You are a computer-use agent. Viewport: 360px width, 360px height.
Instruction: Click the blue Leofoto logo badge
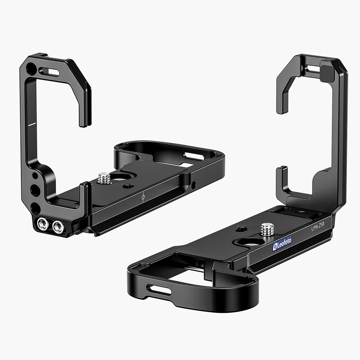282,244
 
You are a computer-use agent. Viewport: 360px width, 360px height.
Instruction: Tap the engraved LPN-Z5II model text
318,228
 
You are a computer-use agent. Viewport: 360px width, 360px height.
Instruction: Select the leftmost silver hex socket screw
43,224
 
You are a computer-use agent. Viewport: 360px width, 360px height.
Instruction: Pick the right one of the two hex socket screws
58,227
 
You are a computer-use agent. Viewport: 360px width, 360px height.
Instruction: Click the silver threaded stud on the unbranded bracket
104,178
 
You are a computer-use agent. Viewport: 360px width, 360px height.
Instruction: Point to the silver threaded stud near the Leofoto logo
267,229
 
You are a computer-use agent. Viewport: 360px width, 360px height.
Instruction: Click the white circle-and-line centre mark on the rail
143,197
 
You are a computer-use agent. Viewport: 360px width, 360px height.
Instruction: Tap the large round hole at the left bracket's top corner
31,68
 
